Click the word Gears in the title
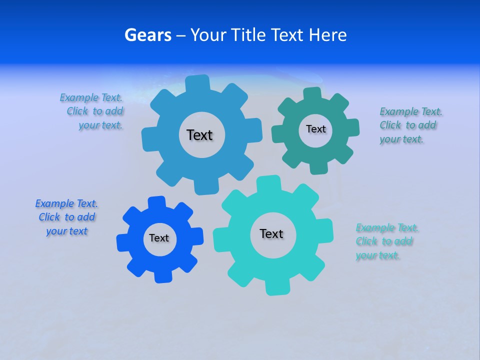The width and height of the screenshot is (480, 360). pyautogui.click(x=147, y=35)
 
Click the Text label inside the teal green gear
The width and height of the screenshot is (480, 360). pyautogui.click(x=315, y=129)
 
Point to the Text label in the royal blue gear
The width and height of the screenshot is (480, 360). pyautogui.click(x=159, y=238)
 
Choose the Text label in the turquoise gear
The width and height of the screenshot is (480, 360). pyautogui.click(x=271, y=234)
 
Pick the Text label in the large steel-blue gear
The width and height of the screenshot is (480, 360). pyautogui.click(x=199, y=135)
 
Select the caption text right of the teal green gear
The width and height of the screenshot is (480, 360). pyautogui.click(x=410, y=125)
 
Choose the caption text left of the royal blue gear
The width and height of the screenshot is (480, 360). pyautogui.click(x=66, y=217)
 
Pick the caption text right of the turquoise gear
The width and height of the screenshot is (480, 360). pyautogui.click(x=386, y=241)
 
